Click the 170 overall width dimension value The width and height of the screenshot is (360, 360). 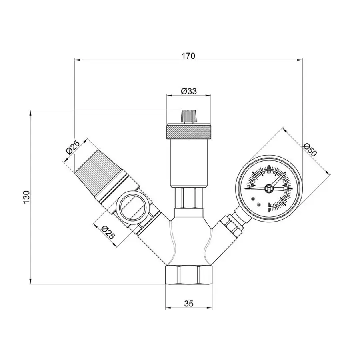coord(188,56)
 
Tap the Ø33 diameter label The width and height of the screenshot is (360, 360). coord(188,91)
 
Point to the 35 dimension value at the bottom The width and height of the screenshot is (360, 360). coord(189,304)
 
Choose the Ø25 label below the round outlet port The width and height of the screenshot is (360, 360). coord(107,233)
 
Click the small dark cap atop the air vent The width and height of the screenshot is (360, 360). coord(188,116)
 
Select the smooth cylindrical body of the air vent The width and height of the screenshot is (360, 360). coord(188,162)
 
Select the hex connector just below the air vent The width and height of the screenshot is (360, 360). coord(188,198)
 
